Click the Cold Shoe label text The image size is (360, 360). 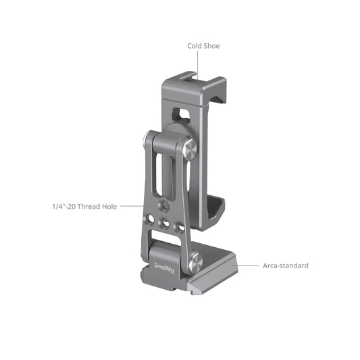click(203, 46)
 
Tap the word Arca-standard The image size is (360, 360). click(285, 265)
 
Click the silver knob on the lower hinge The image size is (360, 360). click(197, 261)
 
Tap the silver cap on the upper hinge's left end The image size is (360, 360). click(147, 142)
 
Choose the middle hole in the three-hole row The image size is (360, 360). click(165, 224)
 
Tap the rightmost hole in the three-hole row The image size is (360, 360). click(180, 226)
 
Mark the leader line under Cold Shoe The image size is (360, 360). click(197, 63)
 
